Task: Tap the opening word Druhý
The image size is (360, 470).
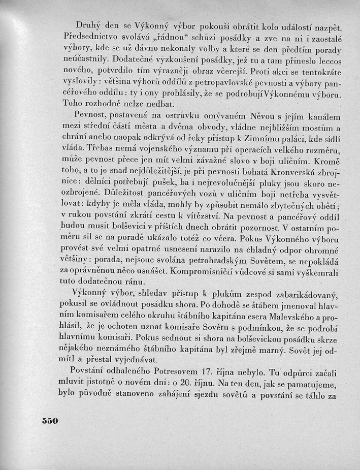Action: [86, 24]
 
